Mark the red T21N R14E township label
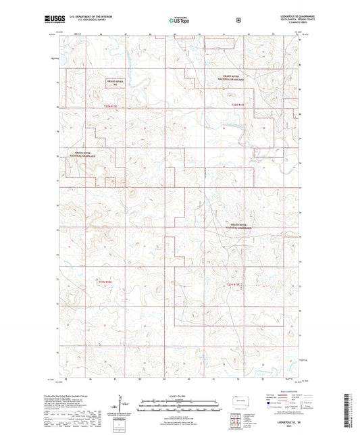234,284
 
